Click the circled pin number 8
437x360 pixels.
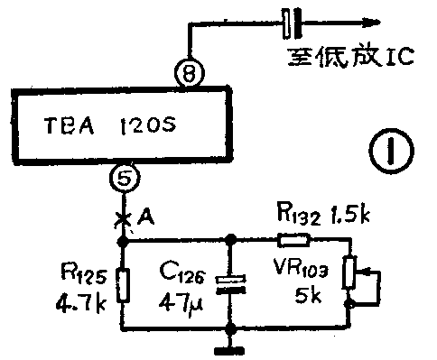click(186, 75)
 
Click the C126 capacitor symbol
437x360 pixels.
click(231, 284)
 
